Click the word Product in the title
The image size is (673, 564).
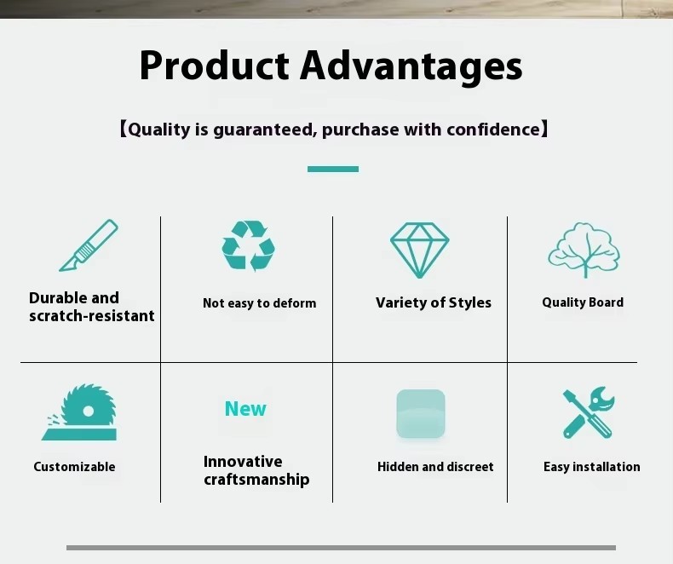(214, 66)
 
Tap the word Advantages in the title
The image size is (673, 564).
(411, 67)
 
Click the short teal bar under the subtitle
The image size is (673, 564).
(333, 169)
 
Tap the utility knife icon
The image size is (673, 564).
(89, 245)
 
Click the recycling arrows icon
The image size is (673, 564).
(249, 246)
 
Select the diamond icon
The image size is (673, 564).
(419, 250)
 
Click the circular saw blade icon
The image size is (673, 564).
(79, 412)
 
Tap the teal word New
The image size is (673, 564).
(245, 409)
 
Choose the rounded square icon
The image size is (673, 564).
(421, 414)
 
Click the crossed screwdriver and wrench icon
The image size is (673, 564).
(589, 412)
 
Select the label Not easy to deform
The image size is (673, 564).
(259, 303)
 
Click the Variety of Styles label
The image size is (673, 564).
(434, 302)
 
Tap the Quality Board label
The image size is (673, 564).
(583, 302)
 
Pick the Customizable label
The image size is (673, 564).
(74, 467)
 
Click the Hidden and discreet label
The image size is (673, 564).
(435, 467)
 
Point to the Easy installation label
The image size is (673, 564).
(592, 467)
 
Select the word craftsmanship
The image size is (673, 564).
(256, 480)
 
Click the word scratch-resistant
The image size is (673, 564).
(92, 316)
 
